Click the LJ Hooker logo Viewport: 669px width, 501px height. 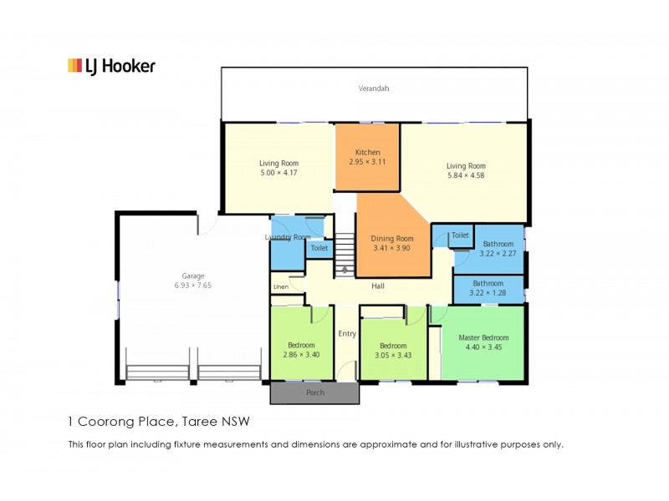(x=111, y=66)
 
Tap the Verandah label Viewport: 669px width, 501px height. (x=373, y=89)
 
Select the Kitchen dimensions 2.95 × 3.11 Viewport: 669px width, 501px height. (x=367, y=162)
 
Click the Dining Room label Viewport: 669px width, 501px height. (x=391, y=239)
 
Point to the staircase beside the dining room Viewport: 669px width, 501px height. (x=345, y=255)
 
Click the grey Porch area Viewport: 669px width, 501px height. (x=315, y=392)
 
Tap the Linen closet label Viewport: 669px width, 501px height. (x=281, y=286)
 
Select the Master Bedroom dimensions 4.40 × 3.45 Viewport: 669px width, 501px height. (x=483, y=347)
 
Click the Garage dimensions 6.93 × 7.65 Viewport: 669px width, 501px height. (x=193, y=286)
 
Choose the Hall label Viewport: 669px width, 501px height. (x=378, y=286)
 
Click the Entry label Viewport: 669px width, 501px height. (x=347, y=334)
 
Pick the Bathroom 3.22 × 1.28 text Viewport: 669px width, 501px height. (x=488, y=288)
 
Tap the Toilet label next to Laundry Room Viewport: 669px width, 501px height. (x=319, y=248)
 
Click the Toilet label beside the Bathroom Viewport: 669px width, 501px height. (x=460, y=235)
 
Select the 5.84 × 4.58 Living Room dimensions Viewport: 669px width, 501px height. (x=466, y=175)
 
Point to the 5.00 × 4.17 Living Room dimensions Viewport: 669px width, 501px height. (x=278, y=173)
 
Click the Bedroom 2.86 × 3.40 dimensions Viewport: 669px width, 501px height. (x=301, y=354)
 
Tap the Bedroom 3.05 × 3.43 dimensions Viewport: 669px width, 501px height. (x=393, y=356)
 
